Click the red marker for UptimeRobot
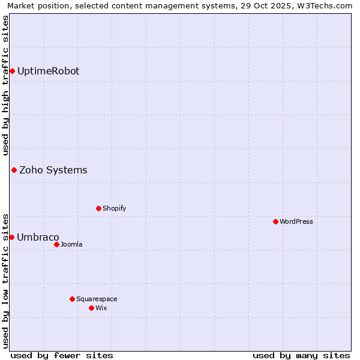pos(12,71)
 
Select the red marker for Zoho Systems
pos(14,170)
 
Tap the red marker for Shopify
pos(98,209)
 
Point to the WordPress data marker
pos(275,222)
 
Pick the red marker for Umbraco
pos(11,238)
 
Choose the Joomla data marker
pos(56,245)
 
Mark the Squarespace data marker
pos(72,299)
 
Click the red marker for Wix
pos(91,308)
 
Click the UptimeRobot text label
pos(48,71)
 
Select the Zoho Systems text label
pos(53,170)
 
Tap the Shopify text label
pos(114,209)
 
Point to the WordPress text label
pos(296,222)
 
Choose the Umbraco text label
pos(38,238)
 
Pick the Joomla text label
pos(71,245)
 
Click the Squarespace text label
pos(97,299)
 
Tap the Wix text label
pos(101,308)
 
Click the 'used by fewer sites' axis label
pos(62,355)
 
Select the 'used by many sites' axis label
pos(301,355)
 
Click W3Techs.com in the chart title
pos(323,5)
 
